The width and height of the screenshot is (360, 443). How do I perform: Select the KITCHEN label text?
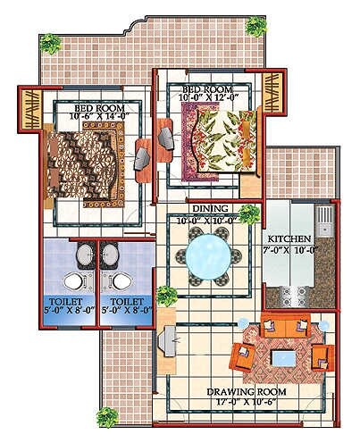tap(289, 239)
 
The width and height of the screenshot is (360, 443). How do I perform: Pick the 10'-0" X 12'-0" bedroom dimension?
tap(210, 99)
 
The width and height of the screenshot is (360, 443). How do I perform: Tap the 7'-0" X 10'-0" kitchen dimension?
tap(289, 250)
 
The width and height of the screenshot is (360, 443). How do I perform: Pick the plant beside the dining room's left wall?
tap(164, 296)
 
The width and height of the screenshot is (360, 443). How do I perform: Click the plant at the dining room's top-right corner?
tap(248, 213)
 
